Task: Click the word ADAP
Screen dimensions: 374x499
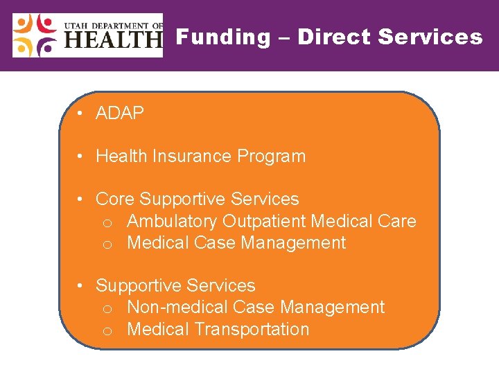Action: [x=120, y=114]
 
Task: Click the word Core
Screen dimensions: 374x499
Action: [x=115, y=199]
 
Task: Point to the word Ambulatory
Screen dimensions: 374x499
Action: [x=173, y=222]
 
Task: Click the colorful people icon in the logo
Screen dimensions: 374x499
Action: [x=35, y=35]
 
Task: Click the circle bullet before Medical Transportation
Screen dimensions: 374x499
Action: [x=107, y=330]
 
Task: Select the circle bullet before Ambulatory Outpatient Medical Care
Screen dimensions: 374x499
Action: [x=107, y=223]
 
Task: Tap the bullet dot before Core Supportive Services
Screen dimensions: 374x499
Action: [x=81, y=200]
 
